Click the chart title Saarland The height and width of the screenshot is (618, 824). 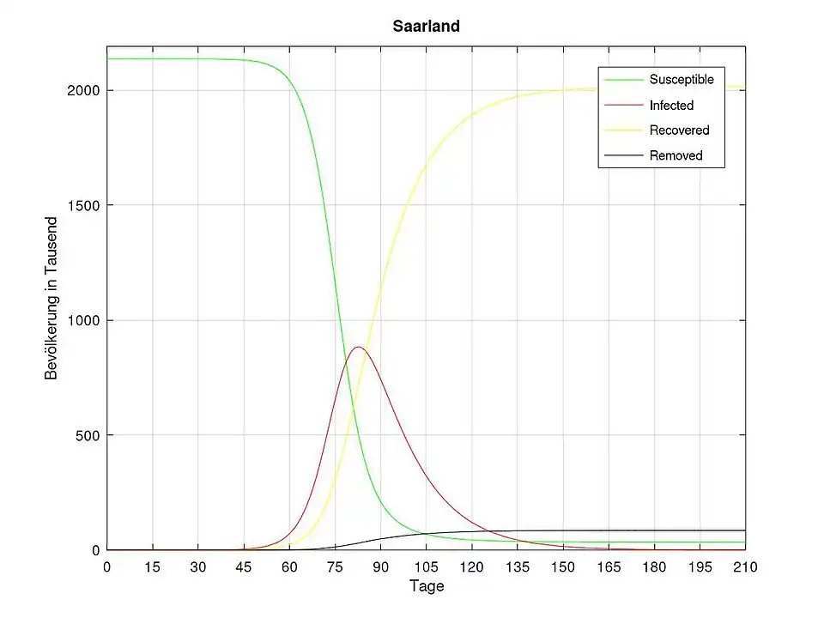coord(426,27)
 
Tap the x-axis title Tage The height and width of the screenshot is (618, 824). coord(426,587)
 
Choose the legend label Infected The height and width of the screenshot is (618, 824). coord(671,106)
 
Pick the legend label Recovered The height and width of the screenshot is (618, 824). coord(679,130)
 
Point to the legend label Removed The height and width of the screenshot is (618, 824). coord(676,155)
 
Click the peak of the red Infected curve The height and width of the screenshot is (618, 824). coord(358,347)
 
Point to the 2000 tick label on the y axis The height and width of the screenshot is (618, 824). coord(82,90)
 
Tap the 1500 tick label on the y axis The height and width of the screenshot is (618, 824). coord(82,205)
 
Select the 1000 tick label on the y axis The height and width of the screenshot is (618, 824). coord(82,320)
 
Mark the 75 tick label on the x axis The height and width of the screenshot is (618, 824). coord(335,566)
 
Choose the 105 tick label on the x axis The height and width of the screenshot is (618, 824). coord(426,566)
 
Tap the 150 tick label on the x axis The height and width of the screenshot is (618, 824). coord(563,566)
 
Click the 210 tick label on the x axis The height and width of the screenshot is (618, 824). coord(745,566)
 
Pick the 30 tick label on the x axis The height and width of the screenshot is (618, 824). coord(197,566)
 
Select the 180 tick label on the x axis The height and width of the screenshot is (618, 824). coord(654,566)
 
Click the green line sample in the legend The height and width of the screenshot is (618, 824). coord(623,80)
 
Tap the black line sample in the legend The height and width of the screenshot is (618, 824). coord(623,155)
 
